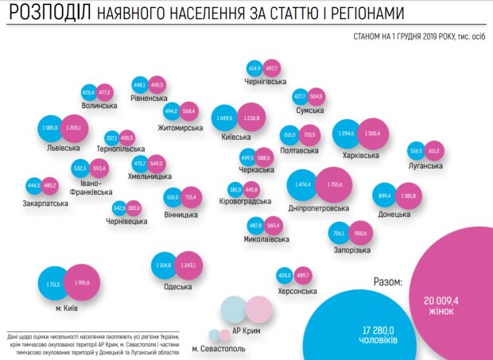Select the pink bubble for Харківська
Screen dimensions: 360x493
pyautogui.click(x=373, y=134)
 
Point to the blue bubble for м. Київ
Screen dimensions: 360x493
pyautogui.click(x=54, y=282)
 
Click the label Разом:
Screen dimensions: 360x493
pyautogui.click(x=386, y=281)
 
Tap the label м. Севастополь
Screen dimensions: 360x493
pyautogui.click(x=219, y=349)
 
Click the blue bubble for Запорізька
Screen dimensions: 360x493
pyautogui.click(x=340, y=234)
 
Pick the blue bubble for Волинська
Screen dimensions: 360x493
pyautogui.click(x=89, y=92)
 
